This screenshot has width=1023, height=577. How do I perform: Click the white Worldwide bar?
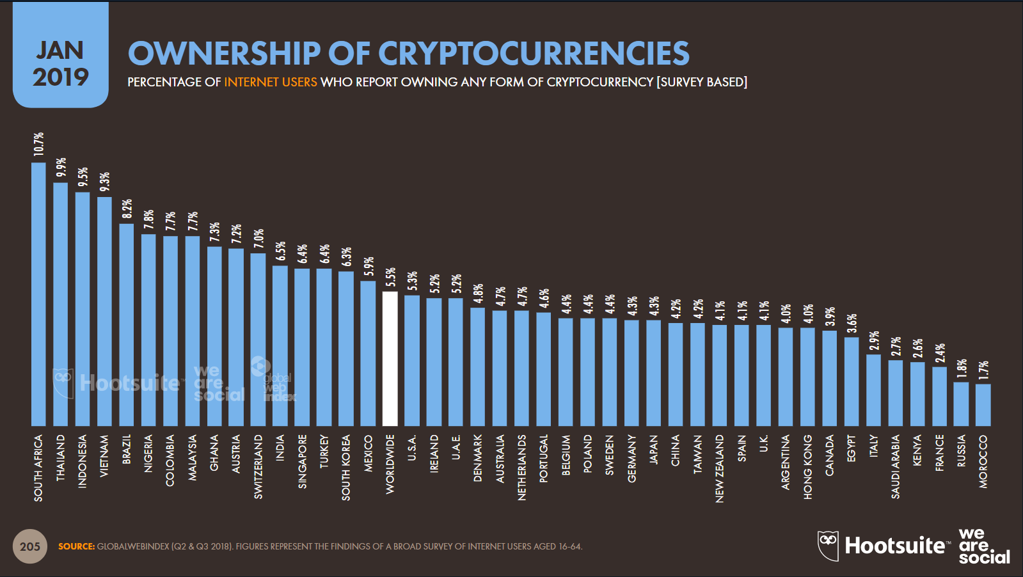[x=390, y=358]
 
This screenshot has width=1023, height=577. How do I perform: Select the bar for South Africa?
[x=38, y=294]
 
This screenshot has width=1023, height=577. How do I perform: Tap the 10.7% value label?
[x=39, y=144]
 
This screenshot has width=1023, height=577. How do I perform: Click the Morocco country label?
[x=983, y=461]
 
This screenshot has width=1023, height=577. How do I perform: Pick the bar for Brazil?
[x=127, y=324]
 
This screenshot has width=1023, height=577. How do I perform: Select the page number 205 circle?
[x=30, y=546]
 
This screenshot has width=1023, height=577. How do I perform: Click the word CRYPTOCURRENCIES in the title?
[x=534, y=53]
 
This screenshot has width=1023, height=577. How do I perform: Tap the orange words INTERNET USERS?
[x=270, y=82]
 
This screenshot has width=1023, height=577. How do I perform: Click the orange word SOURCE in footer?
[x=76, y=546]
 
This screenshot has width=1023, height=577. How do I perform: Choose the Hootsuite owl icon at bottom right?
[x=828, y=546]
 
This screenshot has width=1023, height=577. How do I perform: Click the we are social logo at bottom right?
[x=983, y=546]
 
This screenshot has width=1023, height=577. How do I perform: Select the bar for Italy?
[x=873, y=390]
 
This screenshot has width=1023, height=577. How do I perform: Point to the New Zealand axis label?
[x=720, y=468]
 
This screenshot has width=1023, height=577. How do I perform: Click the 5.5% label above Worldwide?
[x=390, y=277]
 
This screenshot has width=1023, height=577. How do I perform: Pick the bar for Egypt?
[x=852, y=381]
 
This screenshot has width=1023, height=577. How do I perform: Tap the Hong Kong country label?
[x=807, y=466]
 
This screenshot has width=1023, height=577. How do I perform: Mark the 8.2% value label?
[x=127, y=209]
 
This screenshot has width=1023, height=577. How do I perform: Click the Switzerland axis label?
[x=258, y=466]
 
